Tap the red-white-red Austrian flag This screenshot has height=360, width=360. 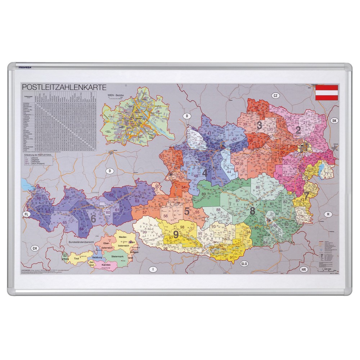tap(327, 92)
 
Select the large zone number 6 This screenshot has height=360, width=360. tap(93, 218)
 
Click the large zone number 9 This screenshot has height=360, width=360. tap(176, 234)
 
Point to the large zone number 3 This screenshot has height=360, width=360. tap(259, 125)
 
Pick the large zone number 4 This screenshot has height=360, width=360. tap(205, 173)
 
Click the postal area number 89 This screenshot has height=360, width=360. tap(204, 194)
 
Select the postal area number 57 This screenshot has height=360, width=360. tap(144, 212)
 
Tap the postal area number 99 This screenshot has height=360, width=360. tap(144, 232)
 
